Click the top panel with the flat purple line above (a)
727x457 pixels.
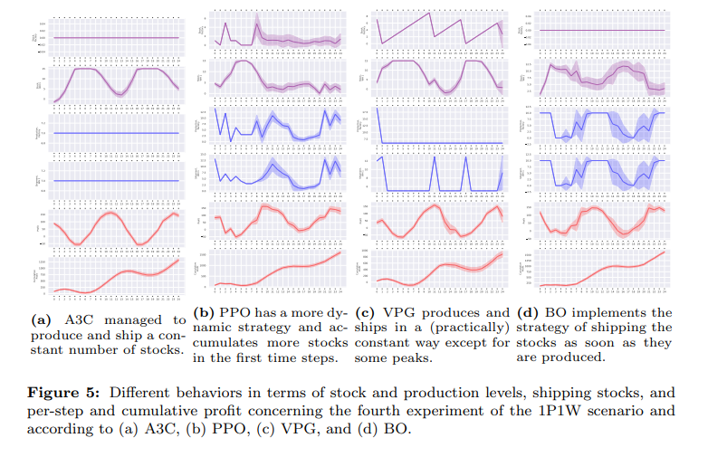116,37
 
